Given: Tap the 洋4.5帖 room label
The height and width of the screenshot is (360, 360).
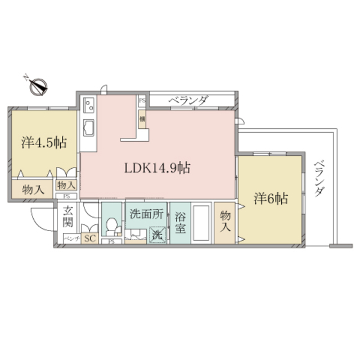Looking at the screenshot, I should coord(44,142).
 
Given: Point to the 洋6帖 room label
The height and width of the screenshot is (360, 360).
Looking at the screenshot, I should coord(271,198).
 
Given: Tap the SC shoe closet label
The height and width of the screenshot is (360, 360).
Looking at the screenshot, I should coord(89,238).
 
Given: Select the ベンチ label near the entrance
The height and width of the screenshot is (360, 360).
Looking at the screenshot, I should coord(70,238).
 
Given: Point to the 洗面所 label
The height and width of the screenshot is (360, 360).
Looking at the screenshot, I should coord(146,214).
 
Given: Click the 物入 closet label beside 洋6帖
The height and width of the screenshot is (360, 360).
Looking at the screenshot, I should coord(226,221).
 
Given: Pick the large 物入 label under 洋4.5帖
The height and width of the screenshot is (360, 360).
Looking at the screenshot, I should coord(33,190).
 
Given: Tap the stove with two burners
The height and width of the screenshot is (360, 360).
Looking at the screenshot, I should coord(88,104).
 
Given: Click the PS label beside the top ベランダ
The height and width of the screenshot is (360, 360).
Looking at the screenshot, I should coord(142,101).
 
